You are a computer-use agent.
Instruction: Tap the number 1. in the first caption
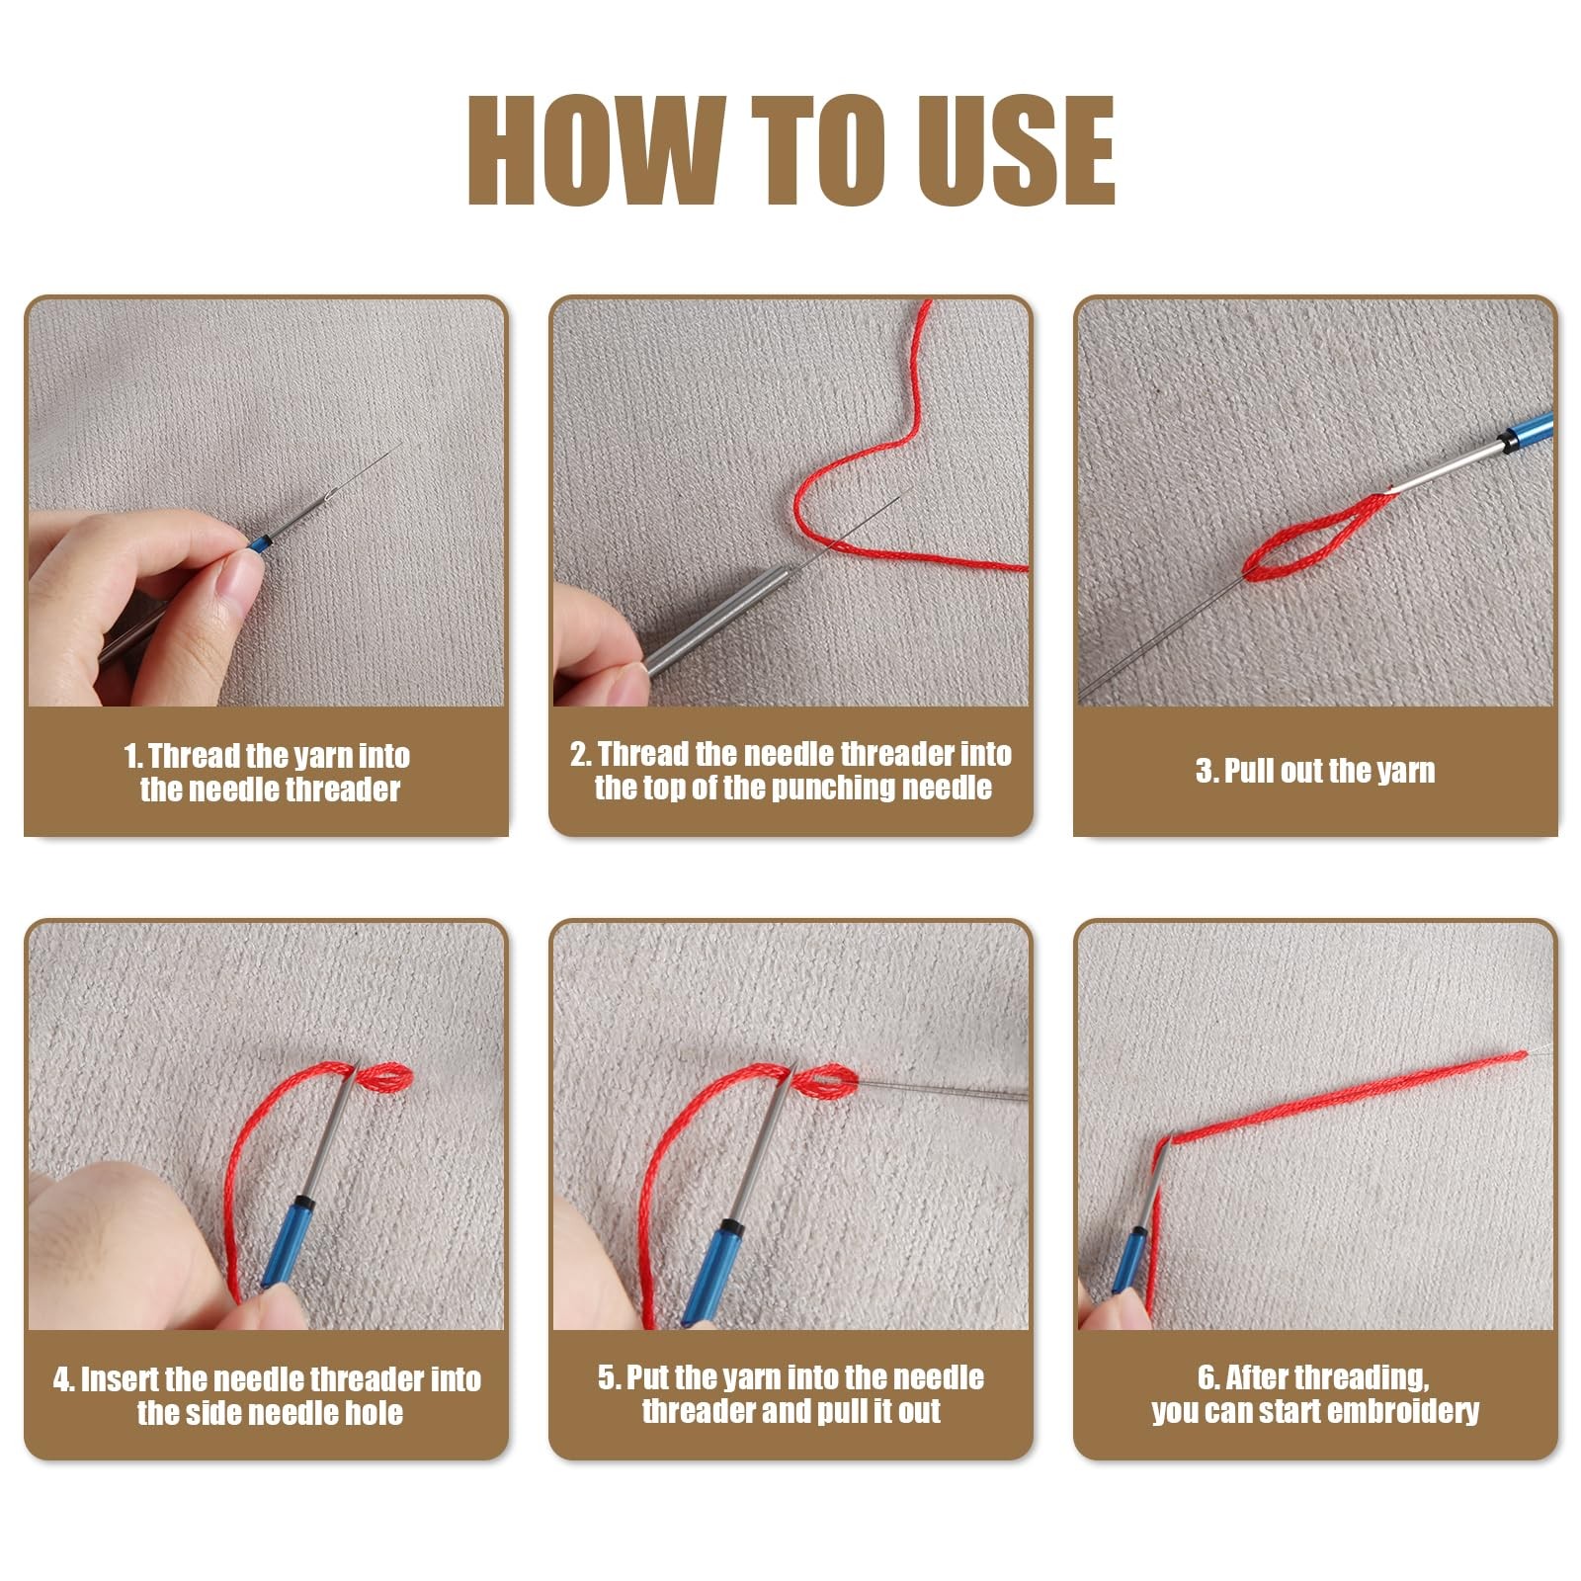click(133, 757)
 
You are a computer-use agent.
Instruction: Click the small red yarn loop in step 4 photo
click(383, 1077)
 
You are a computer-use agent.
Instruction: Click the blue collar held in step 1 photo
click(259, 542)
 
